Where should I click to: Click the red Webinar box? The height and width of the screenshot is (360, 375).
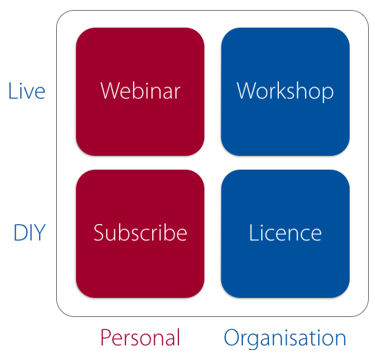(140, 91)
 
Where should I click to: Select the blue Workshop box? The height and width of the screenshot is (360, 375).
(285, 91)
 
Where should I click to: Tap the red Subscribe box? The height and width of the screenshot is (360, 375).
(140, 233)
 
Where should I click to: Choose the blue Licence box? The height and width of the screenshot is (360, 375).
(285, 233)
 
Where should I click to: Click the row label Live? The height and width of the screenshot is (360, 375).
(27, 91)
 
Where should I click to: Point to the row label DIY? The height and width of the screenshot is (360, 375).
(29, 233)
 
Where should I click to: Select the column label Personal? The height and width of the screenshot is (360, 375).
(140, 338)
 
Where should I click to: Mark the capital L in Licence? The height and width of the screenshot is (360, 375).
(254, 233)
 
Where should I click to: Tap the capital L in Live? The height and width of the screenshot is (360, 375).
(12, 91)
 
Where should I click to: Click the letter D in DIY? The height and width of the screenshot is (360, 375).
(20, 233)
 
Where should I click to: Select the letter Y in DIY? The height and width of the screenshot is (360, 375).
(40, 233)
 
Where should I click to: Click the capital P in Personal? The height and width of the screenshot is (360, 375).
(106, 337)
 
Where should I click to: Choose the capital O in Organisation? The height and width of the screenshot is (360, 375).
(231, 337)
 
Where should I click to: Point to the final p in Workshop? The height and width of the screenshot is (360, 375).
(328, 94)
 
